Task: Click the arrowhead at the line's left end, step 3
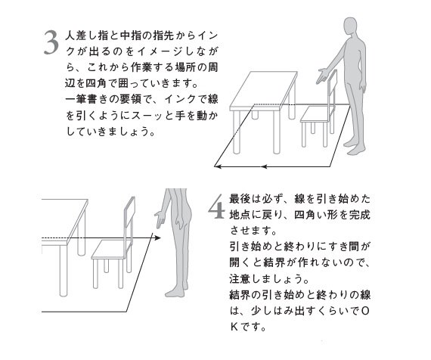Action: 216,166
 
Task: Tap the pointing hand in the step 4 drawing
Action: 157,221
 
